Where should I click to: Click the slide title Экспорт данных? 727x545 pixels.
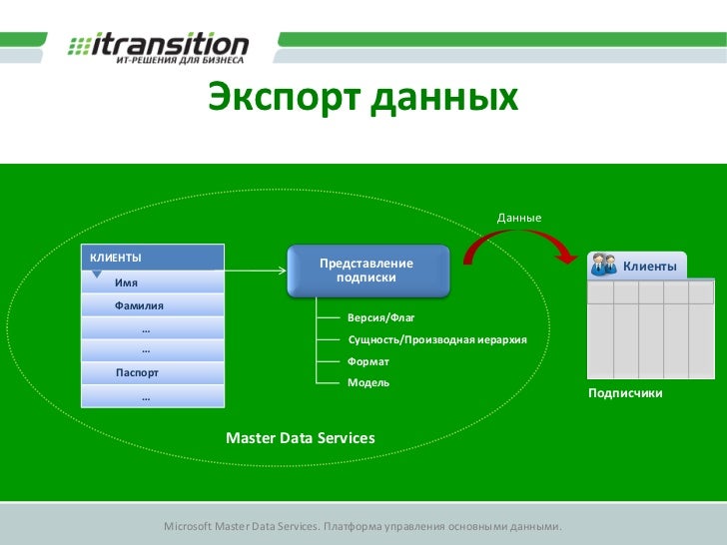[x=363, y=99]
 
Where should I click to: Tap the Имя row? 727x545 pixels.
[x=126, y=282]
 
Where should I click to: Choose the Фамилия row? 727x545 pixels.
[x=139, y=305]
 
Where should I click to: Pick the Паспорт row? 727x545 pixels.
[x=137, y=373]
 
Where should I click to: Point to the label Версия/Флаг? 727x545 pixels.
[x=380, y=317]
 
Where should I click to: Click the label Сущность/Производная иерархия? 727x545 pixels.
[x=436, y=340]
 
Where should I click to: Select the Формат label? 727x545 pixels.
[x=368, y=361]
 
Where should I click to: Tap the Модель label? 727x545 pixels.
[x=368, y=382]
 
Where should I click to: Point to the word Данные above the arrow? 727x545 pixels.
[x=519, y=218]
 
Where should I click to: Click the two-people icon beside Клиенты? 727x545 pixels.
[x=603, y=265]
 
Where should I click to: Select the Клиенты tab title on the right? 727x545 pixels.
[x=650, y=267]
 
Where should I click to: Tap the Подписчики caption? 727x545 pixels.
[x=625, y=394]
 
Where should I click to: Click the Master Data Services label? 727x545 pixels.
[x=301, y=438]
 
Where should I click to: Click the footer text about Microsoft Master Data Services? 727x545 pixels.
[x=363, y=526]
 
